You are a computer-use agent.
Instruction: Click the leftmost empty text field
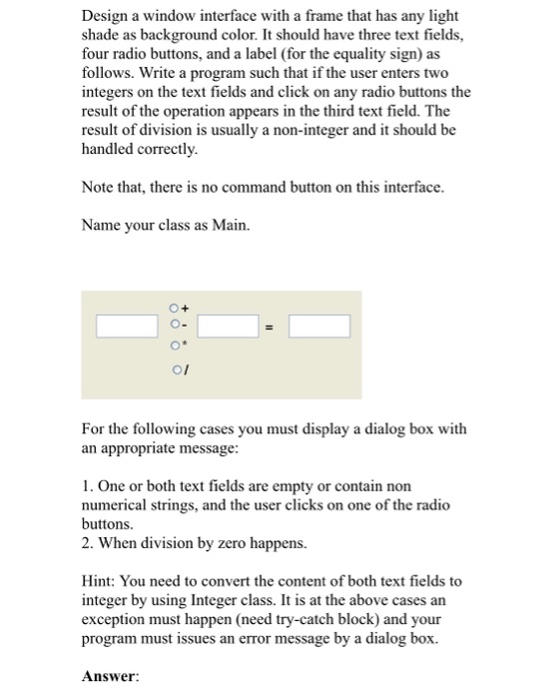tap(127, 326)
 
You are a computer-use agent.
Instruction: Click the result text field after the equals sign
tap(319, 326)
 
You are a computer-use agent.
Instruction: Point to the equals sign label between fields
tap(268, 327)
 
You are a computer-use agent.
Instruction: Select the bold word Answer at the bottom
tap(109, 674)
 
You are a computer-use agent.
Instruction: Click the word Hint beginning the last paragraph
tap(99, 579)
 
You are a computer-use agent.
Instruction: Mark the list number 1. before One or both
tap(88, 485)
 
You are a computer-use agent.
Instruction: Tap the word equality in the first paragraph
tap(376, 55)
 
